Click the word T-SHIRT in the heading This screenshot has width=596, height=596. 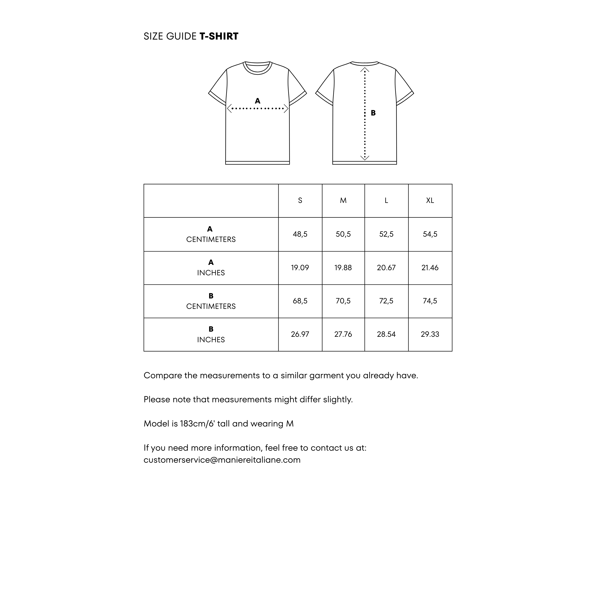pyautogui.click(x=219, y=36)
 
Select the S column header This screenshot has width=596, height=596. pyautogui.click(x=300, y=200)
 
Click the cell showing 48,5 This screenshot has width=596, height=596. pyautogui.click(x=300, y=234)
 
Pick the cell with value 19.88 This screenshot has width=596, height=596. pyautogui.click(x=343, y=268)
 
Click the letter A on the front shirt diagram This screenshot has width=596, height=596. pyautogui.click(x=258, y=101)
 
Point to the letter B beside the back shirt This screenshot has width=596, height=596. pyautogui.click(x=373, y=113)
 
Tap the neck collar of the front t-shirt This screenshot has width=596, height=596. pyautogui.click(x=258, y=69)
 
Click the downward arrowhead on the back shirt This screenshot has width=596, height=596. pyautogui.click(x=365, y=158)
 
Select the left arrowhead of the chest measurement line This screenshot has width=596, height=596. pyautogui.click(x=229, y=109)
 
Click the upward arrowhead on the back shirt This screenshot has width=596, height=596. pyautogui.click(x=365, y=69)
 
